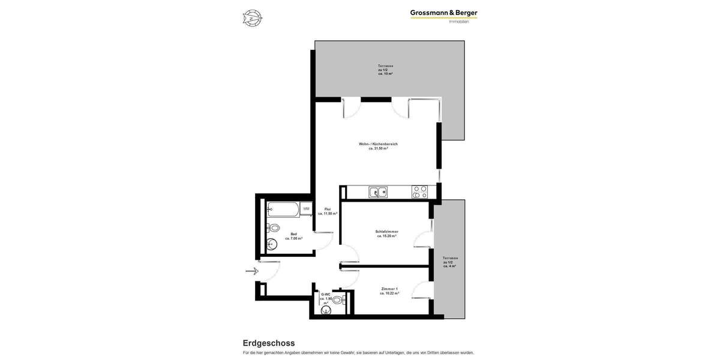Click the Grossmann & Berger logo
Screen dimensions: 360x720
(443, 13)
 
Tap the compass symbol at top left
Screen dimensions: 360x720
(252, 18)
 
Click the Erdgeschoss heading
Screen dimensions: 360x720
(268, 343)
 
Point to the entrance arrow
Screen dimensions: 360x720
(252, 271)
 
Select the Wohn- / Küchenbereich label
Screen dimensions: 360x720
(378, 146)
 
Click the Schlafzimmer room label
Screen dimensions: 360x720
(387, 233)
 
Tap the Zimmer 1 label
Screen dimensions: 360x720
(389, 291)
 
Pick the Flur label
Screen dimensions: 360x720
(328, 211)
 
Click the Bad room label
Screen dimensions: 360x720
(293, 236)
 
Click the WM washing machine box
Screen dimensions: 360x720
(306, 209)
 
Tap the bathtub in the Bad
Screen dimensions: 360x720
(283, 209)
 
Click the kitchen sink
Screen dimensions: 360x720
(378, 192)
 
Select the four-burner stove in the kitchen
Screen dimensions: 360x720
(419, 192)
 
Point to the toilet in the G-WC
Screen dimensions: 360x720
(337, 299)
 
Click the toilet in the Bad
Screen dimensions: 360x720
(274, 228)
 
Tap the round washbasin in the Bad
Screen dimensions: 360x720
(271, 244)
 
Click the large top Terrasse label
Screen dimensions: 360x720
(385, 70)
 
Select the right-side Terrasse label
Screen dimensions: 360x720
(450, 262)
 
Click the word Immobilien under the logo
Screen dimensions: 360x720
(458, 22)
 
